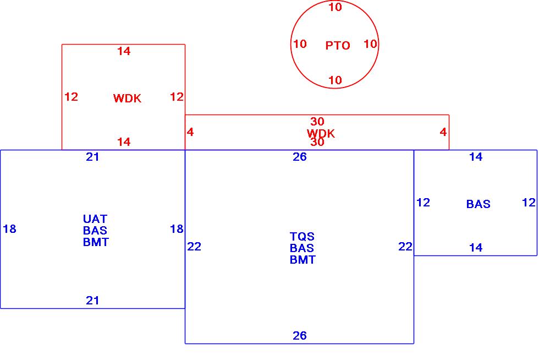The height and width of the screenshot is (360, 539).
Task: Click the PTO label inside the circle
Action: click(338, 46)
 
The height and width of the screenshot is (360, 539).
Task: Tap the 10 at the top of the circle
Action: click(335, 7)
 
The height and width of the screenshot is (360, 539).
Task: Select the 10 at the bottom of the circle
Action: click(335, 80)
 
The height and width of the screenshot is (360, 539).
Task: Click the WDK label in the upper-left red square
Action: click(127, 99)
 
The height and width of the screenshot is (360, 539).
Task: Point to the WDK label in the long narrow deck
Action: click(321, 133)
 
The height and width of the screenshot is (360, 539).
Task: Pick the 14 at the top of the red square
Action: click(124, 51)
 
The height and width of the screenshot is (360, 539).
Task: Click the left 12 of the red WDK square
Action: click(71, 97)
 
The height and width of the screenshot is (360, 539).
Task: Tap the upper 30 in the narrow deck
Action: click(317, 122)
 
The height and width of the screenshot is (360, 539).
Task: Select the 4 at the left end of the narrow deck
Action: click(190, 132)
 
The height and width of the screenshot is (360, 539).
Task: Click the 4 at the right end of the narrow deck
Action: click(443, 132)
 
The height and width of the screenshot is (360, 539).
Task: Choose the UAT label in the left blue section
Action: click(95, 219)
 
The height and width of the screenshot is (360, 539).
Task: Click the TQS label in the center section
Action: click(302, 237)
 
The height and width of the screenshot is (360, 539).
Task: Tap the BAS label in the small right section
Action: click(478, 204)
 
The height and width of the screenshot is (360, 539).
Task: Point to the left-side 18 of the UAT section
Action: click(9, 229)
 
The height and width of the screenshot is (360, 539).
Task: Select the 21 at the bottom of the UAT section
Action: click(93, 301)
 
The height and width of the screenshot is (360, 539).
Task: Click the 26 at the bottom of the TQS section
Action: click(300, 336)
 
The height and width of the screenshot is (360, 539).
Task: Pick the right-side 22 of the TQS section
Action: click(405, 247)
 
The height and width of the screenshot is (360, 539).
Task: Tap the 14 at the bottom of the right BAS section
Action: click(476, 248)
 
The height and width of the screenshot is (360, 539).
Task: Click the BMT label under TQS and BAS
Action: click(302, 260)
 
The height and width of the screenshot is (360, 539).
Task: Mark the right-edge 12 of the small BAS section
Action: click(529, 203)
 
